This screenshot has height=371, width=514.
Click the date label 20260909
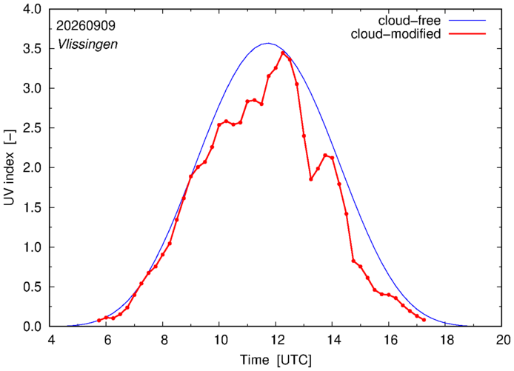point(86,26)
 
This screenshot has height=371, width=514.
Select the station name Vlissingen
point(87,44)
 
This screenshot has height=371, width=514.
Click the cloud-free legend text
point(410,21)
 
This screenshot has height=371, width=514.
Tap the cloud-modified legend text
point(395,34)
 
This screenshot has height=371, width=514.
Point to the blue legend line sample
point(467,20)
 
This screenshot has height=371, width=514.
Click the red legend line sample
point(467,33)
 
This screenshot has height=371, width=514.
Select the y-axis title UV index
point(10,168)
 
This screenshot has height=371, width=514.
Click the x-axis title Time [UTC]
point(276,360)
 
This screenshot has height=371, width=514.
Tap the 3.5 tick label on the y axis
point(32,49)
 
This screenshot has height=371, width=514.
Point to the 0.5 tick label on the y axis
point(32,287)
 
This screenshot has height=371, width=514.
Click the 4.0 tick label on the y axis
point(32,9)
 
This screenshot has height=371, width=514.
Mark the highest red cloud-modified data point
point(283,53)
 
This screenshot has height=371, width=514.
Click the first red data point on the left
point(99,320)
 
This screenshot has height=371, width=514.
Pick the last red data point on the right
point(424,320)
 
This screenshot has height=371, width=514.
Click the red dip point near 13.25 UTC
point(311,179)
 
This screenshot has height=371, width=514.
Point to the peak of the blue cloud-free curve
point(268,43)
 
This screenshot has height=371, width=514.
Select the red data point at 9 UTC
point(191,176)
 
